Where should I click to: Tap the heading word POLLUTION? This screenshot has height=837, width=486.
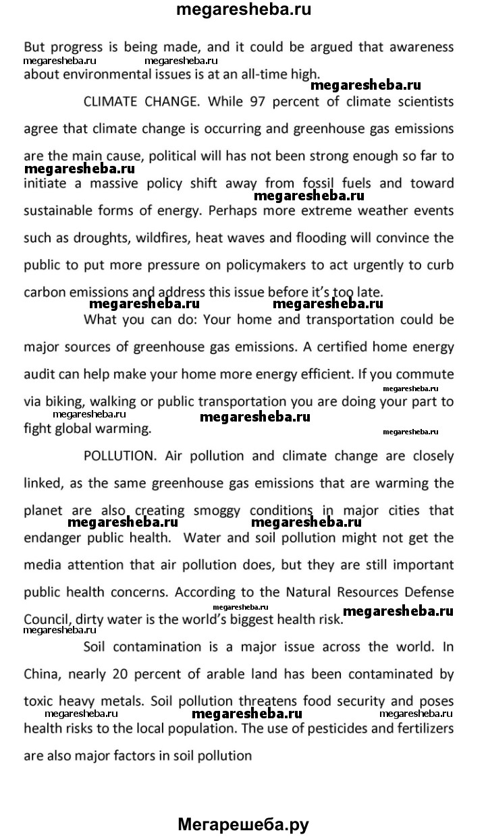[x=119, y=455]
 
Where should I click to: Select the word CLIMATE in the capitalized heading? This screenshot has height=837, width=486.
[x=111, y=102]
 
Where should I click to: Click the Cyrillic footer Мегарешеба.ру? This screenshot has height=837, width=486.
[x=244, y=824]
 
